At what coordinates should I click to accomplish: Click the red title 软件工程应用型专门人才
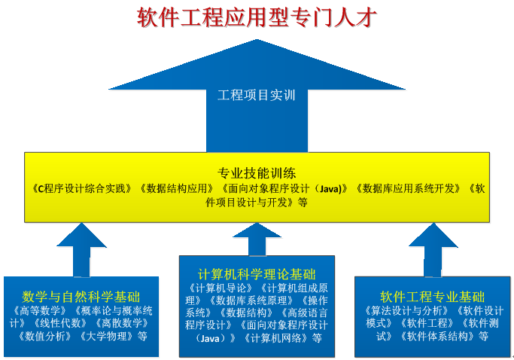257,17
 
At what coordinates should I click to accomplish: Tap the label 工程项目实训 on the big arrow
257,96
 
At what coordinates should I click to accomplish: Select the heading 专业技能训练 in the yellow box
257,171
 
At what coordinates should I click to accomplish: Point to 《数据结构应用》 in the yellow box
178,188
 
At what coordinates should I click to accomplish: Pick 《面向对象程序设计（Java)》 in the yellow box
284,188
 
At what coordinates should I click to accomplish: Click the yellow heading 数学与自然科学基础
81,297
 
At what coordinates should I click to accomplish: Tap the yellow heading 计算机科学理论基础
257,273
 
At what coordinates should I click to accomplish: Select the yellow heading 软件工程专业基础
432,297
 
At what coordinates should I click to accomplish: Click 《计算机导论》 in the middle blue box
220,287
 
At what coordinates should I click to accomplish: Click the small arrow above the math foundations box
81,249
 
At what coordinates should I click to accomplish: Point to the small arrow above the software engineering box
432,249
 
